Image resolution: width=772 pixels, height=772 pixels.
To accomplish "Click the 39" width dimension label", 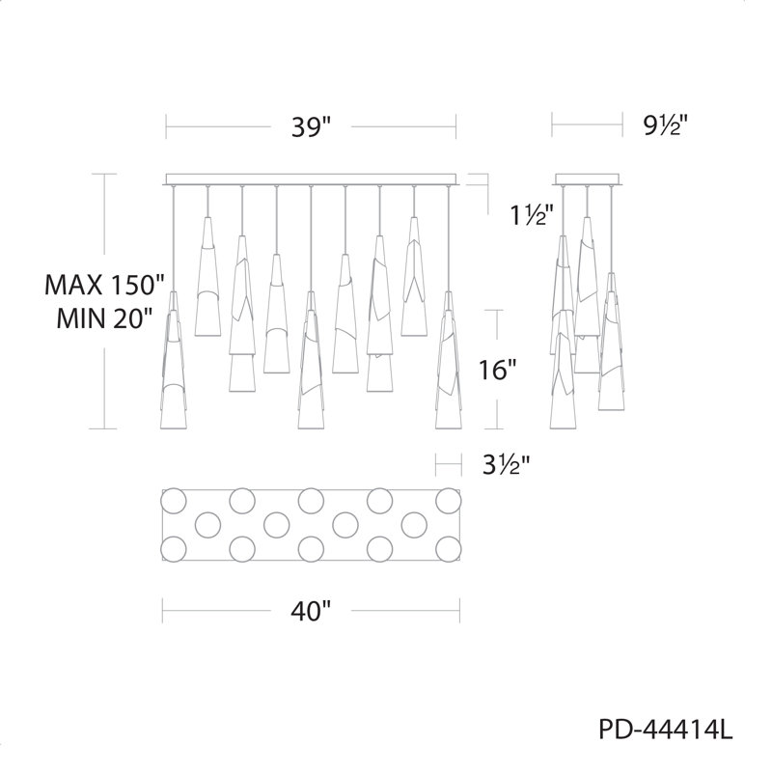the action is coord(312,127).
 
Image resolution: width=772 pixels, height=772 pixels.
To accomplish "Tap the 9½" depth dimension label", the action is coord(664,126).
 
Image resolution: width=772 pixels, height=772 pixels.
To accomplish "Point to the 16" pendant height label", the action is coord(498,370).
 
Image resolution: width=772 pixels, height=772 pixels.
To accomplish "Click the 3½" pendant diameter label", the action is coord(506,464).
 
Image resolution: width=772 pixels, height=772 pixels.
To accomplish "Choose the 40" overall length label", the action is coord(311,612).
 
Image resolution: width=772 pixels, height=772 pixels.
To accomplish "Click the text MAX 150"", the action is coord(103,285).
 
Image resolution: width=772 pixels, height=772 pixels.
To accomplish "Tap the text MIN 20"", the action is coord(103,318).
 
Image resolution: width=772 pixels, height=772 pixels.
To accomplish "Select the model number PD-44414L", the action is coord(666,730).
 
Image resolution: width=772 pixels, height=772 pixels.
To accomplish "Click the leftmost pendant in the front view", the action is coord(174,359).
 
